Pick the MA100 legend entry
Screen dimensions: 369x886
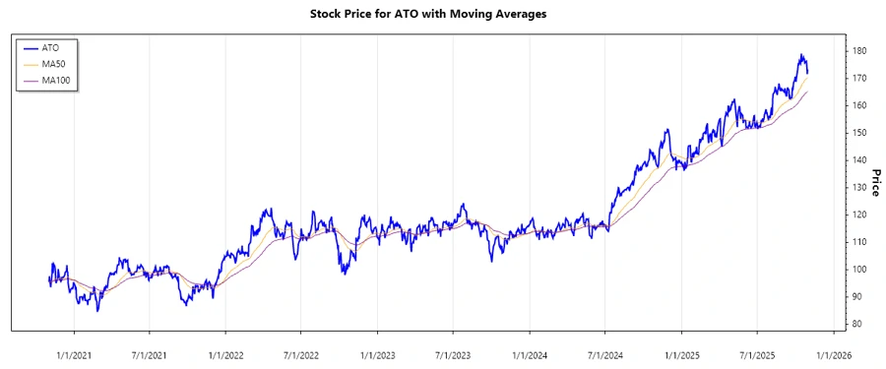point(55,80)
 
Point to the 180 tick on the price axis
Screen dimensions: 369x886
point(858,50)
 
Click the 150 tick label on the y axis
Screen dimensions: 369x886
point(858,132)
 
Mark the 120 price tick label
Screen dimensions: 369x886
point(858,215)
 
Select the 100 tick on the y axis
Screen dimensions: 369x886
point(858,269)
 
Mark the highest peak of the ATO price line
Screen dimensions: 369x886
point(801,55)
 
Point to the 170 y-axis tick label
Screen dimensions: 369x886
point(858,78)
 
